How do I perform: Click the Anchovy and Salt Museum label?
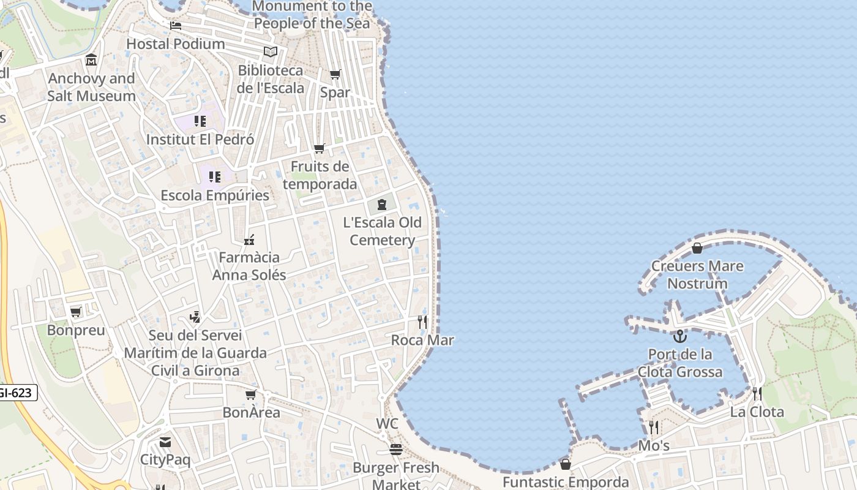pyautogui.click(x=92, y=87)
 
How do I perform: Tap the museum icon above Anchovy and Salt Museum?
pyautogui.click(x=91, y=60)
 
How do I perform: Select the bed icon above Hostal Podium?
pyautogui.click(x=176, y=26)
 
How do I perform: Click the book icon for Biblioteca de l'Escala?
pyautogui.click(x=271, y=51)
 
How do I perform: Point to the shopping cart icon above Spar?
pyautogui.click(x=335, y=75)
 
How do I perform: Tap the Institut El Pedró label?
pyautogui.click(x=200, y=139)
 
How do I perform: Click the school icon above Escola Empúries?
pyautogui.click(x=214, y=177)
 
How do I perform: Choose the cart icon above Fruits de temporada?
pyautogui.click(x=319, y=149)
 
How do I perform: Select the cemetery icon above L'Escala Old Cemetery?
pyautogui.click(x=382, y=205)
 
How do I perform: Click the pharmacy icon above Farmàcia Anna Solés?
pyautogui.click(x=249, y=239)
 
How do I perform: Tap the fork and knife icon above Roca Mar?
pyautogui.click(x=422, y=322)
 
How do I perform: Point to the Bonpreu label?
pyautogui.click(x=76, y=330)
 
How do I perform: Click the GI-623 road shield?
pyautogui.click(x=16, y=393)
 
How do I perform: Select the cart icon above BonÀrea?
pyautogui.click(x=250, y=395)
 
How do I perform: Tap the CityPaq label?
pyautogui.click(x=165, y=459)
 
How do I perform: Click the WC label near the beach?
pyautogui.click(x=387, y=423)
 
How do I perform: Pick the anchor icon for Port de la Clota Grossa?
pyautogui.click(x=679, y=336)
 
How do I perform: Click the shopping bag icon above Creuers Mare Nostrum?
pyautogui.click(x=697, y=248)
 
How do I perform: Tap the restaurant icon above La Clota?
pyautogui.click(x=757, y=393)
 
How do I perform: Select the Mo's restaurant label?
pyautogui.click(x=654, y=445)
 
